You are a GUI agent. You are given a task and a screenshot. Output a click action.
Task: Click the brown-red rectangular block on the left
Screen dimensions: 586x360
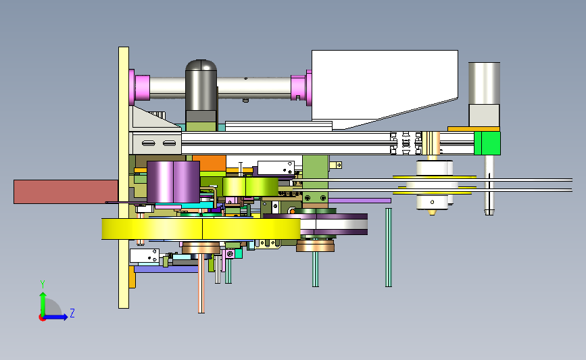(66, 192)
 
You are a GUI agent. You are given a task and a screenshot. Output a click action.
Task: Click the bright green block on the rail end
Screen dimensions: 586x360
(487, 143)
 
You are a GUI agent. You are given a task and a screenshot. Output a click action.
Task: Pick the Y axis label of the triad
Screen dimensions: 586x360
(42, 284)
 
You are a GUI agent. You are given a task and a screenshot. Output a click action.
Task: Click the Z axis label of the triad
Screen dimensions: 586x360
(72, 313)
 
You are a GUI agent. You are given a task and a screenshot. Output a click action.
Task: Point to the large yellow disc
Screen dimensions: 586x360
(201, 229)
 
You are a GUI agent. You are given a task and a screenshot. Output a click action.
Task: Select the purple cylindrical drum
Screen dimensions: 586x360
(173, 182)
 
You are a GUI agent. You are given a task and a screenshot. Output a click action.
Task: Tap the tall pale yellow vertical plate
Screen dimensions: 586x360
(124, 178)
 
